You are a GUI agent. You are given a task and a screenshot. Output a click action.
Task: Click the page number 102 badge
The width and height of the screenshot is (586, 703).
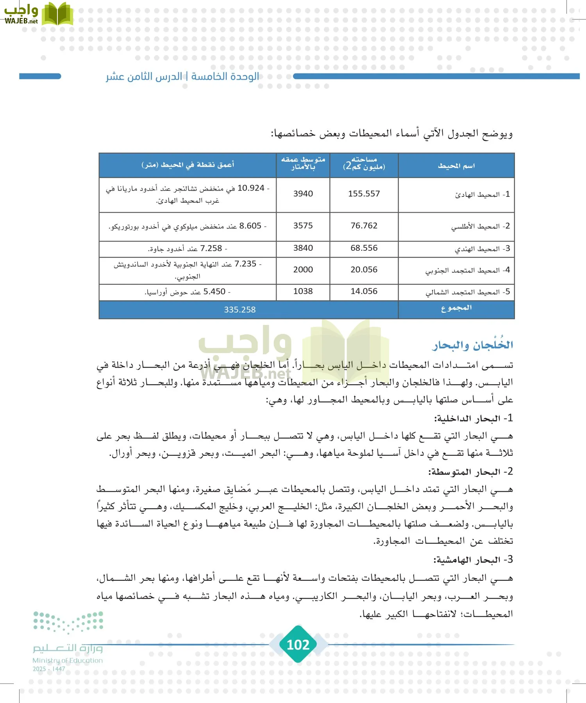[298, 644]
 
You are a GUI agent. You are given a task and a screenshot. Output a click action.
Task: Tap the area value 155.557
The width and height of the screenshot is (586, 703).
[364, 194]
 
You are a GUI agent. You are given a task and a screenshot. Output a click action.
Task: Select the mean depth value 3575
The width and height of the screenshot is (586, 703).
[303, 226]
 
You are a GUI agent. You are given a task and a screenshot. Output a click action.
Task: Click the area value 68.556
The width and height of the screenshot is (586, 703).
[364, 248]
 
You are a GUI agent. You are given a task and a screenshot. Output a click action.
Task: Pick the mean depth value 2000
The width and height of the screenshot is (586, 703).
[303, 269]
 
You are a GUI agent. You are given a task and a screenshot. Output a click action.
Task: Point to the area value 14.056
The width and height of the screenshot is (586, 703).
[364, 291]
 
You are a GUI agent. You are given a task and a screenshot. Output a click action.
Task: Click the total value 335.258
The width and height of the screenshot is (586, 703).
[239, 310]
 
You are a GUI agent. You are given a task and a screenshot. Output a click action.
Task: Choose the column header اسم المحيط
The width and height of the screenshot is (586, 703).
[456, 166]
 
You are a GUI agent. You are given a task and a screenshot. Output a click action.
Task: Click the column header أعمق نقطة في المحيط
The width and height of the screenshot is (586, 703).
[188, 165]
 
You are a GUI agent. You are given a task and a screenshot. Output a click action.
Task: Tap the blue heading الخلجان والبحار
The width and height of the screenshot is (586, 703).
[472, 345]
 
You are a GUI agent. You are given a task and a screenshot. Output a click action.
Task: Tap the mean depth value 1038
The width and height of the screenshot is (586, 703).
[303, 291]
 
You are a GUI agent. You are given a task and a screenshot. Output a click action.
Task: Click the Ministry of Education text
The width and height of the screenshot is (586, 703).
[68, 660]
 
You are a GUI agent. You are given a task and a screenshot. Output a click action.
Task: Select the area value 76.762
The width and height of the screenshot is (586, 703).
[364, 226]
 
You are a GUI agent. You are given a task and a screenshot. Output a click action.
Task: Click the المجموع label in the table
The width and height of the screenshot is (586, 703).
[456, 308]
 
